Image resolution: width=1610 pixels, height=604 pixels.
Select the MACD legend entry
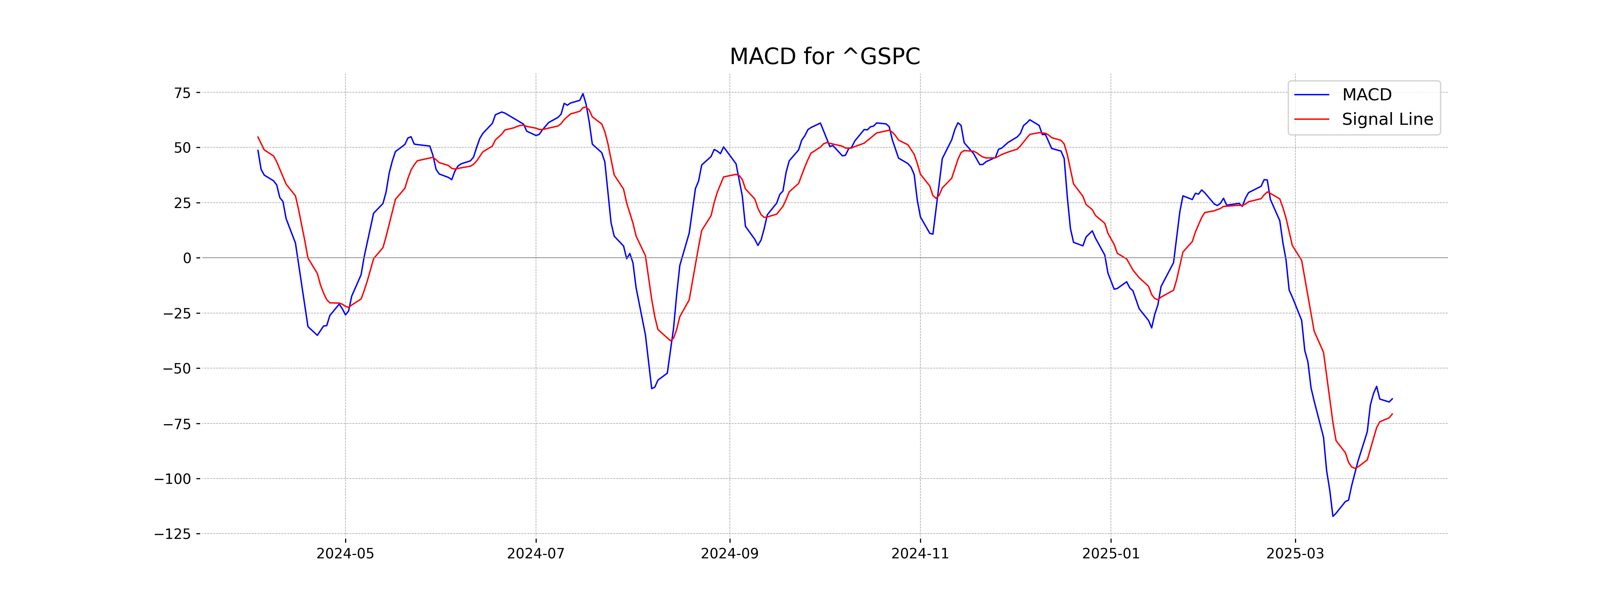coord(1366,95)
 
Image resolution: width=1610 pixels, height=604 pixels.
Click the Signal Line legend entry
coord(1387,119)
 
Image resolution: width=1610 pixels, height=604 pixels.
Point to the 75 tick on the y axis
coord(182,93)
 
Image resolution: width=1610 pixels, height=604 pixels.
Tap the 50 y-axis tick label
coord(182,148)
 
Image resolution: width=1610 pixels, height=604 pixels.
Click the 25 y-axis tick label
coord(182,203)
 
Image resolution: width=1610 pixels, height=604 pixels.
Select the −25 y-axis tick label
coord(177,313)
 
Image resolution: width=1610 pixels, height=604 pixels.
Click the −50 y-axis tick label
coord(177,368)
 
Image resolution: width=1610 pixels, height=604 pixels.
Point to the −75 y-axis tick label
coord(177,424)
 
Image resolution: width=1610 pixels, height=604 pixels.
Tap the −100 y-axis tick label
coord(172,479)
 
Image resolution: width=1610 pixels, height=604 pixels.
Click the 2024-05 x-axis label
coord(345,554)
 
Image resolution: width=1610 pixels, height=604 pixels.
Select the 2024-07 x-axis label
coord(536,554)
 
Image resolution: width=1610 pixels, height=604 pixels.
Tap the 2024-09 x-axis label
coord(730,554)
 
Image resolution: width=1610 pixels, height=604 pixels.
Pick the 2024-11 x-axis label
coord(920,554)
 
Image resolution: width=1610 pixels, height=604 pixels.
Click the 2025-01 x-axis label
coord(1111,554)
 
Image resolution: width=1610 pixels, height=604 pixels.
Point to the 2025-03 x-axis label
coord(1295,554)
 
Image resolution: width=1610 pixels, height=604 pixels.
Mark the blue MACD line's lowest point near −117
coord(1333,516)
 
